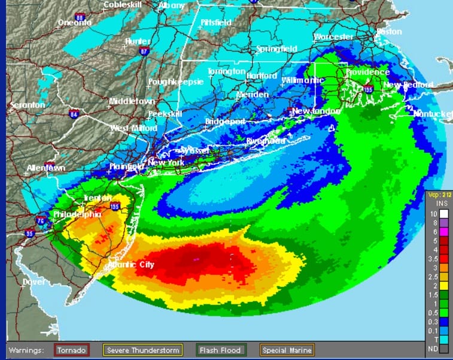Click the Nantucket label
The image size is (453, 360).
point(433,113)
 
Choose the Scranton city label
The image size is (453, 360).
point(27,105)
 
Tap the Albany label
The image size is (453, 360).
point(172,5)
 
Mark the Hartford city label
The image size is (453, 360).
point(261,76)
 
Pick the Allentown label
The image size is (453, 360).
point(45,168)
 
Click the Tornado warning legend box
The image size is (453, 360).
point(72,350)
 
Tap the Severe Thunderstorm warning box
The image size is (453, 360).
point(144,350)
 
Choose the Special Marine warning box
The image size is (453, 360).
point(286,350)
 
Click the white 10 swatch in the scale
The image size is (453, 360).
point(443,213)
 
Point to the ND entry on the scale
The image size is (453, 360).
point(443,347)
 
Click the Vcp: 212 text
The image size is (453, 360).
point(439,195)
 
